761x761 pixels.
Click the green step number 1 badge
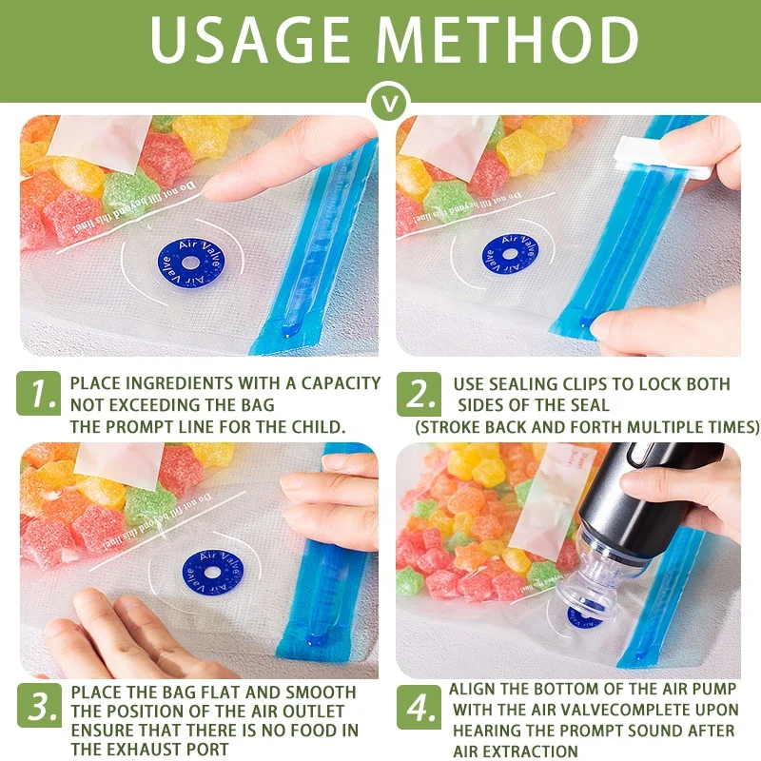tap(40, 393)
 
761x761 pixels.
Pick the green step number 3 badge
tap(40, 709)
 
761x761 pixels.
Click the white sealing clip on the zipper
tap(661, 157)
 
